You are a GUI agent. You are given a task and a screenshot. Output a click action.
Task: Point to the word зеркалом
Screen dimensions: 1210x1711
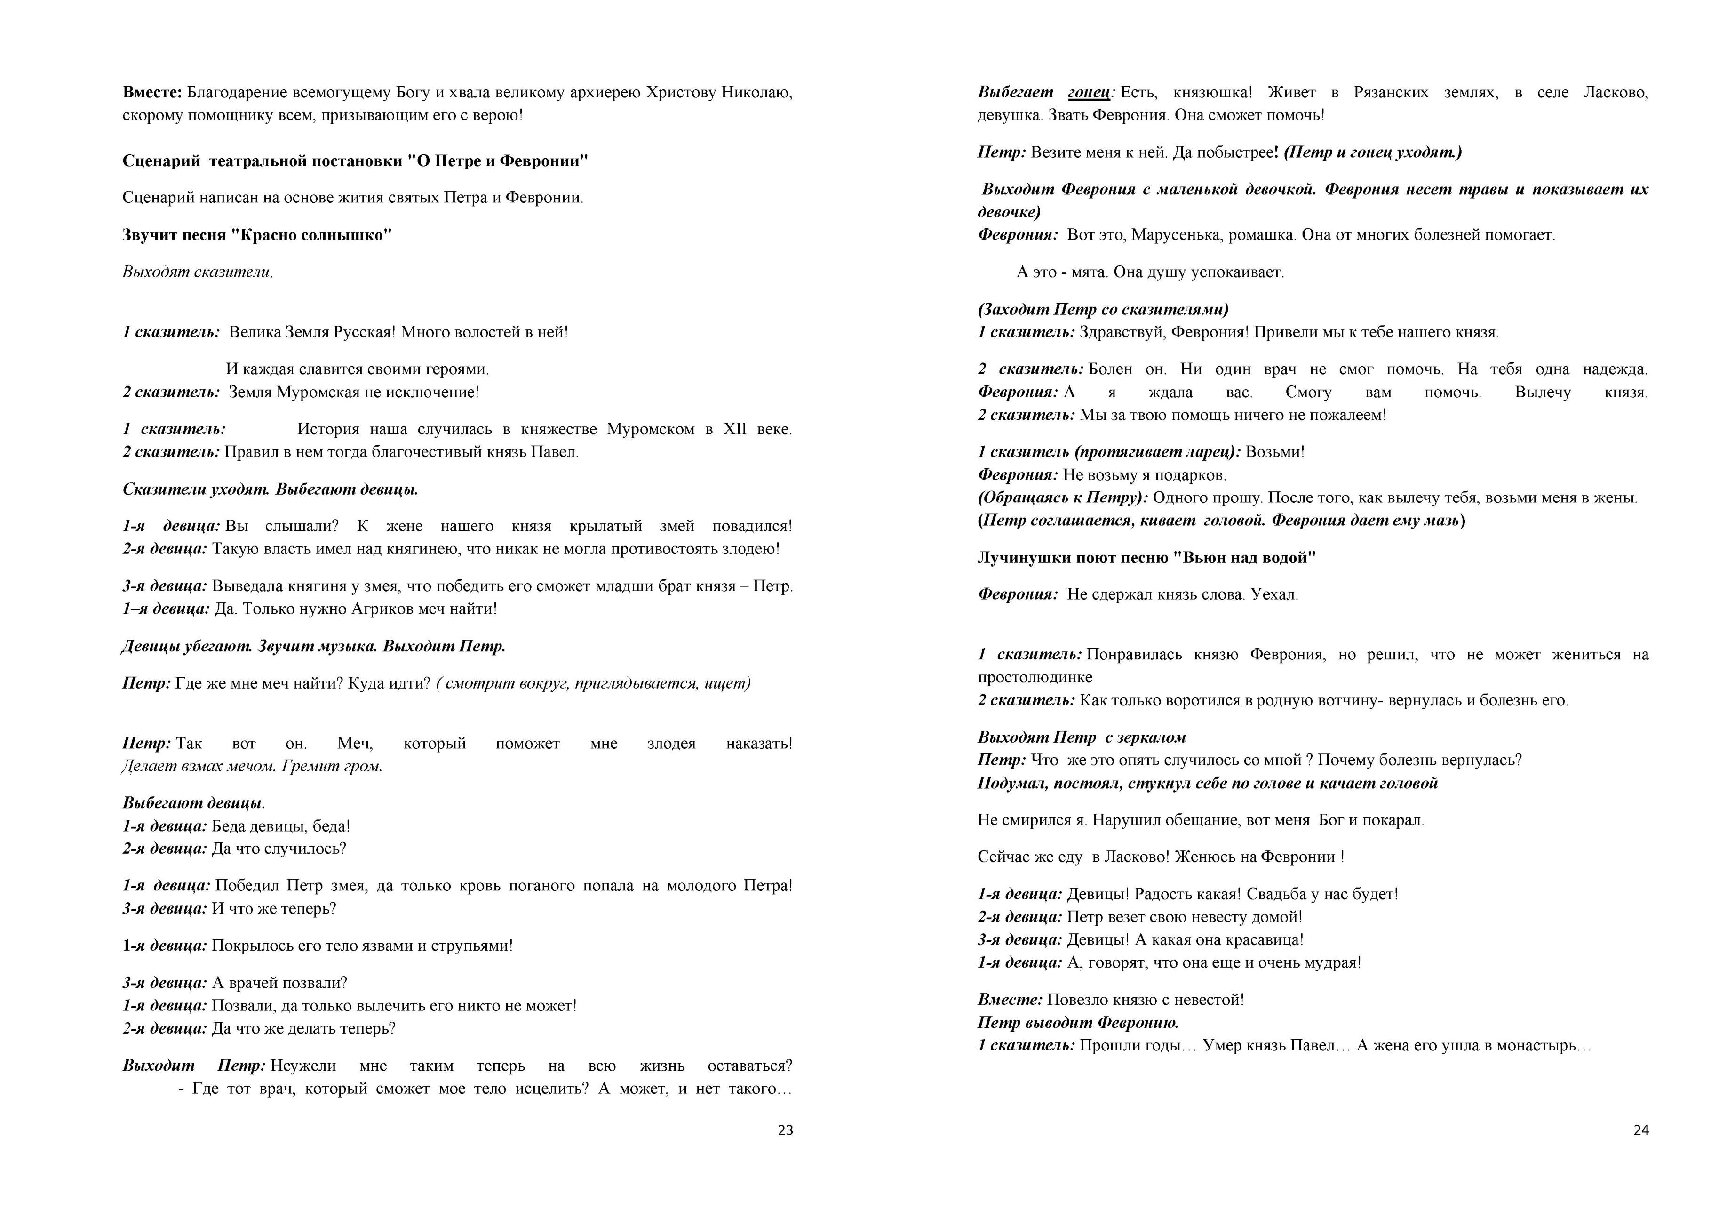pyautogui.click(x=1153, y=738)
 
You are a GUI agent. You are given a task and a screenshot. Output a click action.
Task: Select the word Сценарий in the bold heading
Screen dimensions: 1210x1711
pyautogui.click(x=161, y=161)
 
